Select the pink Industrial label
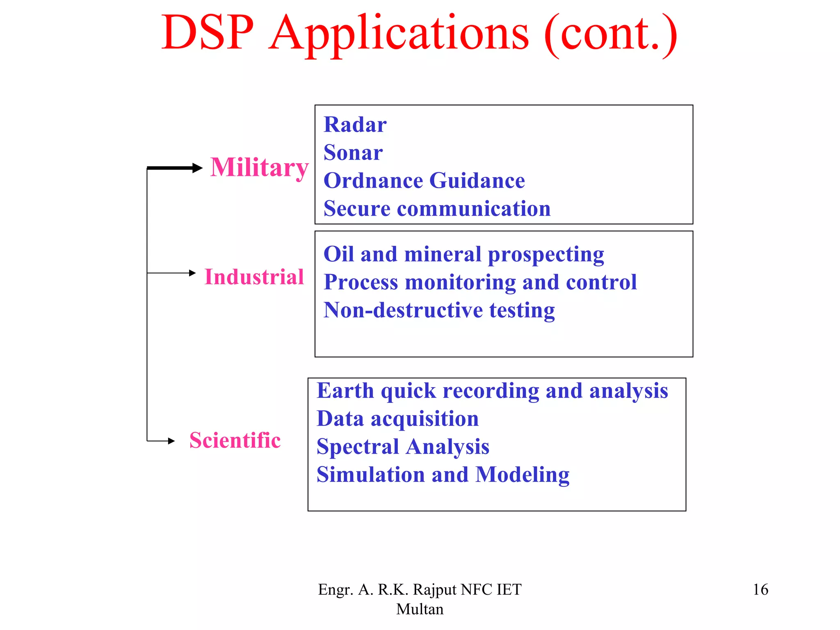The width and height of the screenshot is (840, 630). pos(254,276)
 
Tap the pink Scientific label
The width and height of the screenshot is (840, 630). pos(235,440)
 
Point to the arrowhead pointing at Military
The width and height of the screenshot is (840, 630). pos(198,168)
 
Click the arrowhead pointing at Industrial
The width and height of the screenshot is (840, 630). pos(192,273)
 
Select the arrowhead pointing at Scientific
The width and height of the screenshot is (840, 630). pos(171,441)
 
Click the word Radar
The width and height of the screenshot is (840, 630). pos(355,125)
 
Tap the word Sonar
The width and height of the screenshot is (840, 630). pos(353,153)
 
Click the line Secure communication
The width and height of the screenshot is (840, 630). pos(437,208)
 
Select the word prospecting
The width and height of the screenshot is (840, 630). pos(546,255)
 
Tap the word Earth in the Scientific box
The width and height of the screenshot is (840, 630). pos(345,390)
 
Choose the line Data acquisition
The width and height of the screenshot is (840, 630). pos(397,419)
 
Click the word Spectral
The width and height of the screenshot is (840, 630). pos(358,447)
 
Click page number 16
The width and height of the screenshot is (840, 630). pos(760,589)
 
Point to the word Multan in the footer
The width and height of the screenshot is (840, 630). pos(420,609)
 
